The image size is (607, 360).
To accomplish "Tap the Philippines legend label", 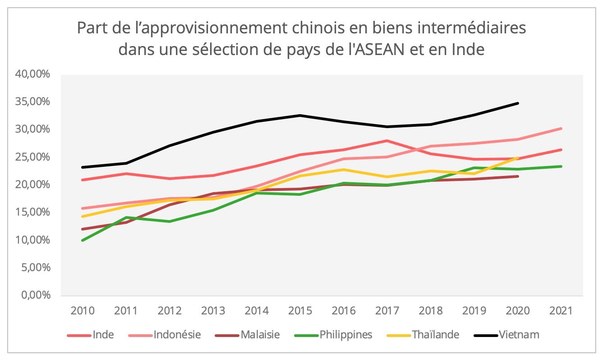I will [x=346, y=335].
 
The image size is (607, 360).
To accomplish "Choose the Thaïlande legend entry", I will [x=436, y=335].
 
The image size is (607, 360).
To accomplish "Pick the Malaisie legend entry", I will [x=260, y=335].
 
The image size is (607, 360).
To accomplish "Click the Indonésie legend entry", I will [x=177, y=335].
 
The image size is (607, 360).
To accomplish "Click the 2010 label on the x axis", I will [x=82, y=311].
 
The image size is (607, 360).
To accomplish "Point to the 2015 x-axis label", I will [x=300, y=311].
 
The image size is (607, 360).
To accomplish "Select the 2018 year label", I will [x=430, y=311].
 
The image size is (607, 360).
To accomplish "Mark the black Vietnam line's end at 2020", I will [x=518, y=103].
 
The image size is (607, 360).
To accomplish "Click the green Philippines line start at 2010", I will [x=82, y=240].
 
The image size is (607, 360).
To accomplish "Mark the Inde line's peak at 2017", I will [x=387, y=141].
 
